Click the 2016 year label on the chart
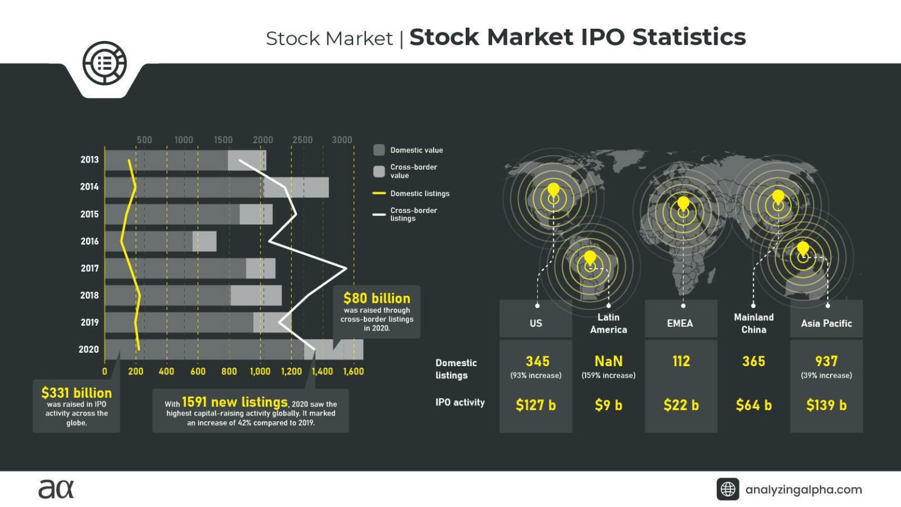(x=89, y=241)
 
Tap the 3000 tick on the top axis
(x=342, y=140)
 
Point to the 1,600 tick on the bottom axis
(x=353, y=371)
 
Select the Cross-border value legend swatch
(x=379, y=171)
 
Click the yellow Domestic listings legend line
(x=379, y=193)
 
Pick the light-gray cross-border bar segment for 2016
(x=204, y=241)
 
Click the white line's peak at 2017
(x=346, y=268)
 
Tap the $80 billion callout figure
(x=377, y=298)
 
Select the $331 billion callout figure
(x=76, y=393)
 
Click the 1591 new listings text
(x=235, y=402)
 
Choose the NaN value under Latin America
(x=608, y=361)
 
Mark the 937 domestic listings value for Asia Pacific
(x=826, y=361)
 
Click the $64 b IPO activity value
(x=754, y=405)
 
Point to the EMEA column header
(x=680, y=323)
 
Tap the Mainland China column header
(x=754, y=323)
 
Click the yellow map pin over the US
(x=553, y=191)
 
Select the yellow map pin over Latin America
(x=590, y=258)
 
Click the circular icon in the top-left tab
(x=104, y=63)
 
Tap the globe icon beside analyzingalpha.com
(x=728, y=489)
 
